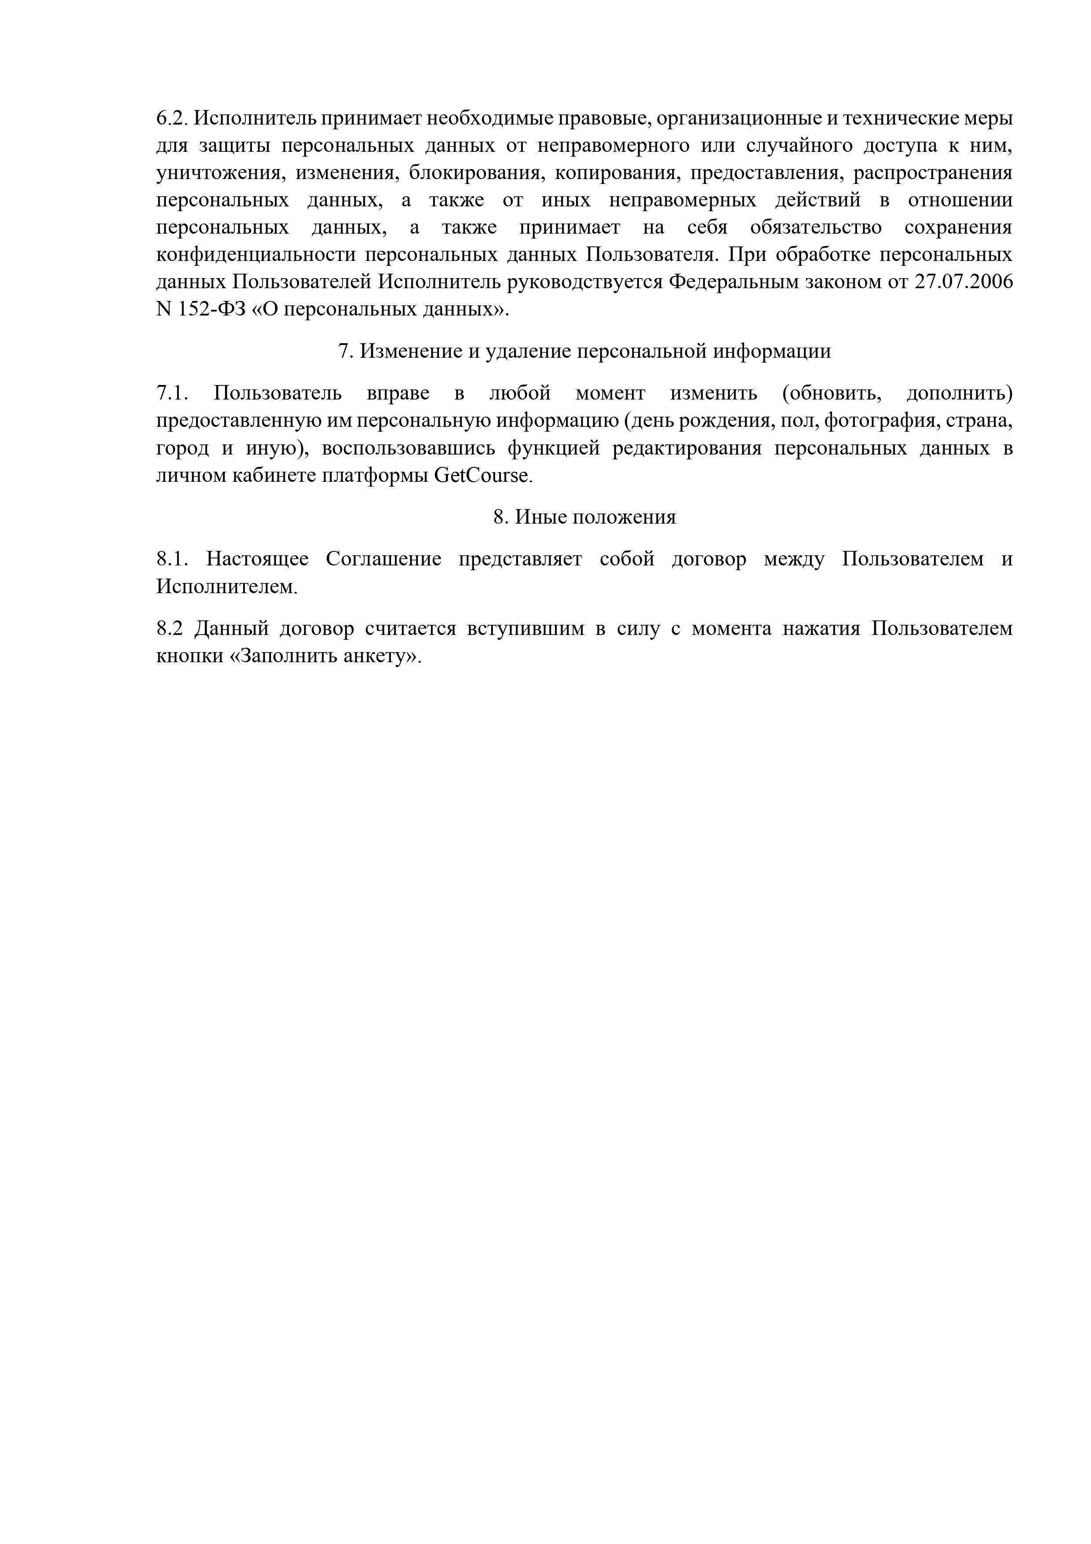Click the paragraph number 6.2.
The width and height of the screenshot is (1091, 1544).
[x=172, y=118]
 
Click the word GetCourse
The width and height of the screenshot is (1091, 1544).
[x=483, y=476]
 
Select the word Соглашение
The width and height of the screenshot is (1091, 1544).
[x=383, y=559]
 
